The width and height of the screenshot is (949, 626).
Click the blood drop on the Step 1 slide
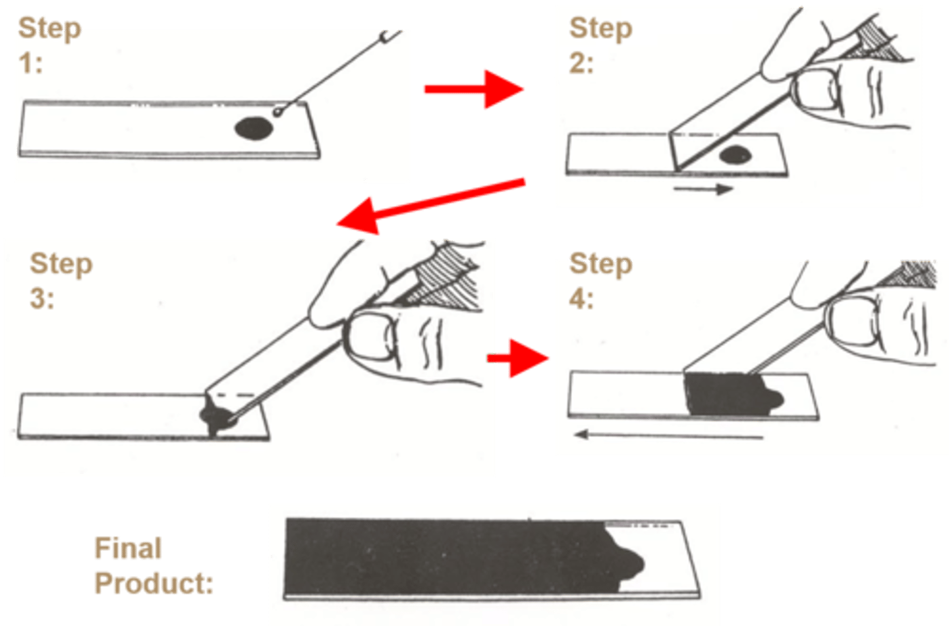tap(254, 128)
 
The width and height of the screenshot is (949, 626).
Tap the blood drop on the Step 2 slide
tap(735, 156)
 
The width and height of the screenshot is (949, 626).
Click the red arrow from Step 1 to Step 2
tap(474, 88)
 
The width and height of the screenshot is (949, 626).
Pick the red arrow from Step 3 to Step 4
tap(521, 358)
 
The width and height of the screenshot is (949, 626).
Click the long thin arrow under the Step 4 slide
tap(668, 435)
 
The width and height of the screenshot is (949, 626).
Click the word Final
tap(128, 548)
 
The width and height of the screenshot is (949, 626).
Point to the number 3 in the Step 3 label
tap(38, 299)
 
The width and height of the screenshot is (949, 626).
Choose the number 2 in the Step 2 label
tap(578, 63)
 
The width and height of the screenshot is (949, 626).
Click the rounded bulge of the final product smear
tap(629, 564)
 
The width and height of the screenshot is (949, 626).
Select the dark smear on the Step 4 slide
tap(725, 394)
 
